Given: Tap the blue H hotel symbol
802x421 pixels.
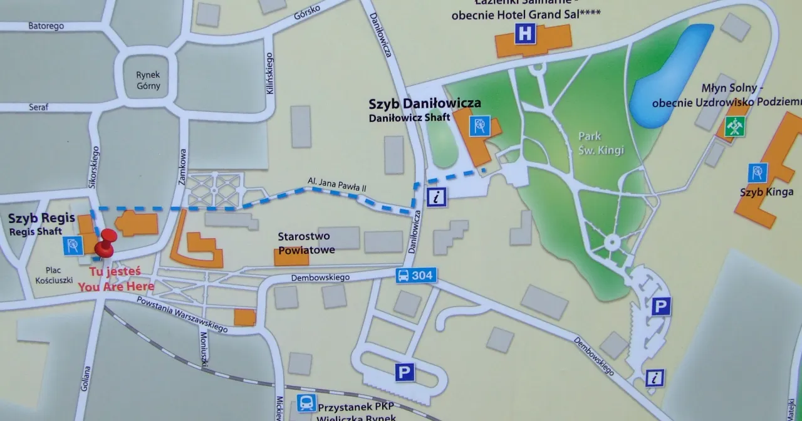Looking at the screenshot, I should tap(525, 34).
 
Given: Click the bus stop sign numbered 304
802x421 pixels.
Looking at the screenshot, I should tap(416, 275).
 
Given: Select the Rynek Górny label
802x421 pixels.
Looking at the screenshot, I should tap(148, 80).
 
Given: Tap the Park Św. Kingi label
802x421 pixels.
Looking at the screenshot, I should tap(590, 141).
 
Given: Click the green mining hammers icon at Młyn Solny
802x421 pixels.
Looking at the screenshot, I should tap(734, 127).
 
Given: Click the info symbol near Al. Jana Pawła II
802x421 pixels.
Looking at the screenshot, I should tap(437, 197).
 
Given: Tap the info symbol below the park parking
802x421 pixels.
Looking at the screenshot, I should tap(655, 378).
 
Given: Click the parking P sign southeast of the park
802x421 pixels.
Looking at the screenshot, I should tap(661, 306).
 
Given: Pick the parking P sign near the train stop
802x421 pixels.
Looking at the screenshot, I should tap(405, 373).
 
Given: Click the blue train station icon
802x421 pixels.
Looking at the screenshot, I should tap(306, 403).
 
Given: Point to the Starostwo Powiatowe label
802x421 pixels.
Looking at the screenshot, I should tap(306, 243).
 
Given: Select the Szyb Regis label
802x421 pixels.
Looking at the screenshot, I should tap(41, 219).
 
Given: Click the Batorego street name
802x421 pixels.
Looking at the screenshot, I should tap(47, 26).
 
